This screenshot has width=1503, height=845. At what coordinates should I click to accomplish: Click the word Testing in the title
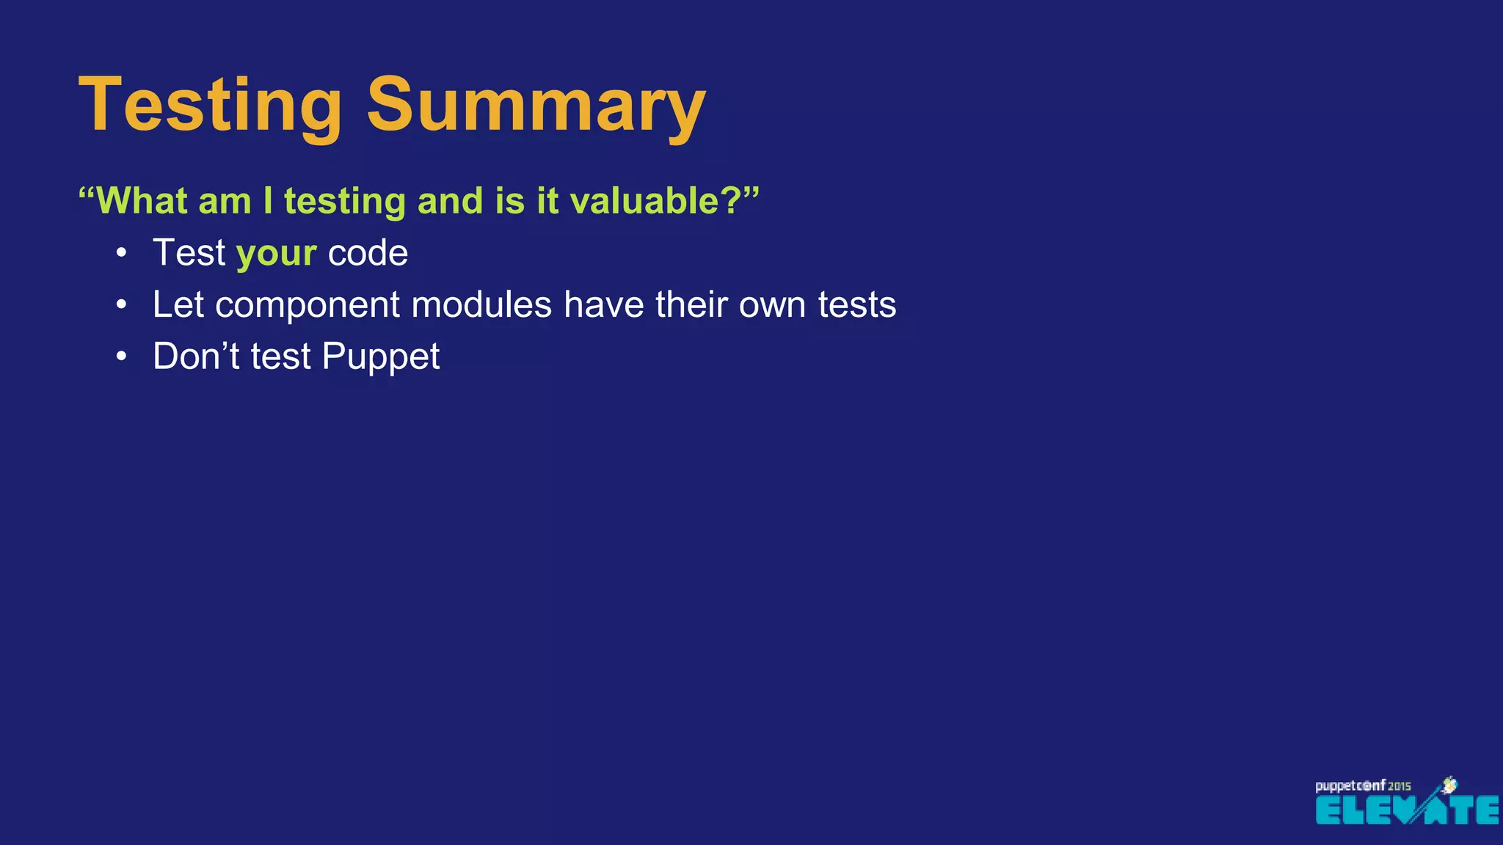click(x=210, y=106)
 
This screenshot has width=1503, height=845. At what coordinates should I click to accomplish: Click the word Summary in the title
click(x=536, y=106)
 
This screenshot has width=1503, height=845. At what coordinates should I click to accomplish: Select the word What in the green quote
click(x=142, y=201)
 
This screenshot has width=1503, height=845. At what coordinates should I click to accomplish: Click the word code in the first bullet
click(x=368, y=253)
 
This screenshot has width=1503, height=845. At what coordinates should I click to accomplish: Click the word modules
click(x=481, y=304)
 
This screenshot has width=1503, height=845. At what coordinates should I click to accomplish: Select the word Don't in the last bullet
click(x=196, y=356)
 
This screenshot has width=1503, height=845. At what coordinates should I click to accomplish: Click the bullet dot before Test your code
click(x=122, y=253)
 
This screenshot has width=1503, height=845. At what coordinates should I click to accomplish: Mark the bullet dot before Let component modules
click(x=122, y=304)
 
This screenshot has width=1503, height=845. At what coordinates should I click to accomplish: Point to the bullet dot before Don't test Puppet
click(x=122, y=356)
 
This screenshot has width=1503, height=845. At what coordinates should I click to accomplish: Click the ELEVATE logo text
click(x=1405, y=811)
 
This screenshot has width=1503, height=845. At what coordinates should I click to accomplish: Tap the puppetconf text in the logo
click(x=1350, y=786)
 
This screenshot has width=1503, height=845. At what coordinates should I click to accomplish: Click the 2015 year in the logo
click(x=1399, y=786)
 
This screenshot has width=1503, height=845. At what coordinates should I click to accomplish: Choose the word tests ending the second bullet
click(x=856, y=305)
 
